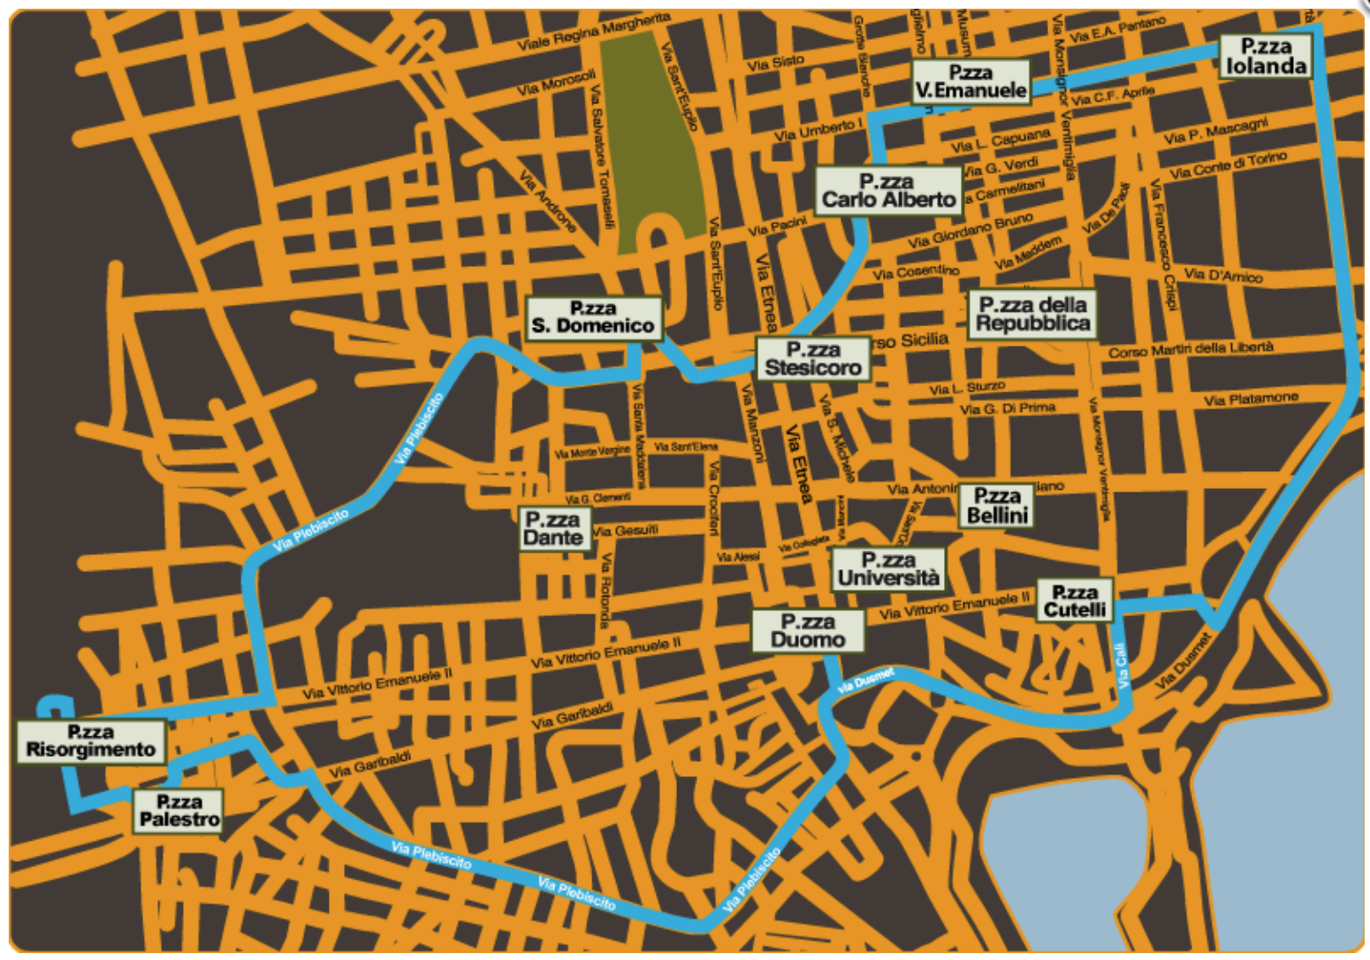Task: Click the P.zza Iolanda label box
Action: tap(1266, 56)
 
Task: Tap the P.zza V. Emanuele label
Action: tap(971, 82)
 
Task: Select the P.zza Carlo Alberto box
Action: tap(888, 191)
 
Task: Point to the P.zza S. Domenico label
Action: tap(593, 318)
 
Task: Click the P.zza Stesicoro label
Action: tap(813, 359)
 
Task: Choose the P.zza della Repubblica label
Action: tap(1032, 314)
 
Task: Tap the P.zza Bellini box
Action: tap(997, 506)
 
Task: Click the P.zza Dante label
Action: tap(554, 529)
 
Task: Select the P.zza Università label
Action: tap(888, 570)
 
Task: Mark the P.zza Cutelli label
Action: tap(1075, 601)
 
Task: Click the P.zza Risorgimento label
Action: tap(91, 742)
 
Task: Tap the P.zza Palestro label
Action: tap(179, 811)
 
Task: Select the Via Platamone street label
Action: tap(1251, 399)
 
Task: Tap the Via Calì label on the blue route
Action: tap(1122, 665)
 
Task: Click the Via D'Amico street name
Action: tap(1223, 276)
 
